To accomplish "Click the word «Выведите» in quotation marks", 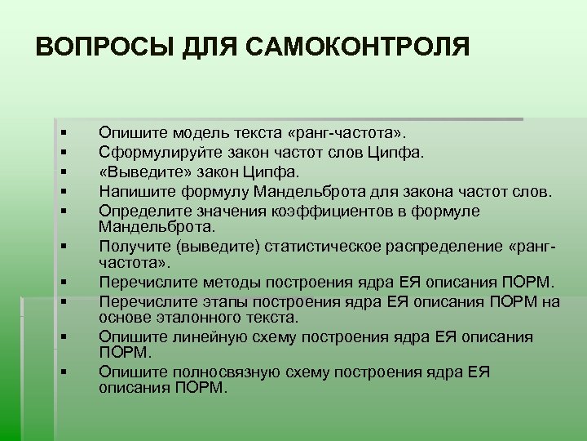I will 134,171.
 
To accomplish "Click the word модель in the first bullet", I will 188,131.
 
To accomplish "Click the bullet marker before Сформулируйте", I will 61,151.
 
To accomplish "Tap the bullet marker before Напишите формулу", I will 61,192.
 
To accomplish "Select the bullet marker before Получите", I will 61,244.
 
